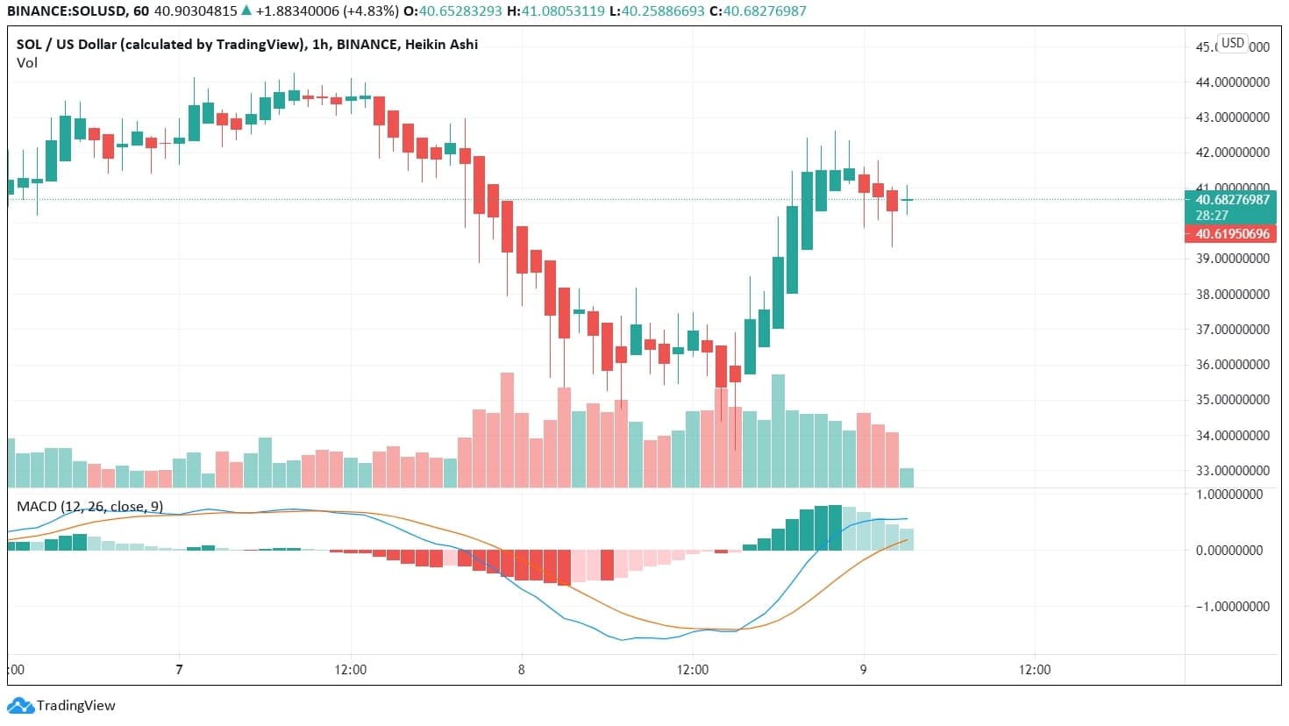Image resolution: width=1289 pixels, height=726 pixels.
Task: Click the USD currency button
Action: [1233, 43]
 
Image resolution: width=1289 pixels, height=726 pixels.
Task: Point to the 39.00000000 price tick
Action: [1233, 259]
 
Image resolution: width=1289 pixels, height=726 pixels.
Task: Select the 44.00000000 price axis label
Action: [1233, 82]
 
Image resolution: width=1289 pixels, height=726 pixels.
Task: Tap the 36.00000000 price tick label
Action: [1233, 365]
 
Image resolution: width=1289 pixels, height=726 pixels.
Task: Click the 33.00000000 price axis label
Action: [1233, 471]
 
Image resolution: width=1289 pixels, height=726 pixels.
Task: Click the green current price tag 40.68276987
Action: [1232, 200]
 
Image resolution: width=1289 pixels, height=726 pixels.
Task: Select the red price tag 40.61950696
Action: [1232, 234]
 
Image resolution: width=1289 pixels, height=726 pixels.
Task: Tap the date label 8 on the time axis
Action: [521, 670]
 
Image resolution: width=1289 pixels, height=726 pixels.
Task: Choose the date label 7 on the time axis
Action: [179, 670]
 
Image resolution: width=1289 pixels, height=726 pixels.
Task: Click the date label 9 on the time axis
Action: [863, 670]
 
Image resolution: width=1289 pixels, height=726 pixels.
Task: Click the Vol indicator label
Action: [26, 63]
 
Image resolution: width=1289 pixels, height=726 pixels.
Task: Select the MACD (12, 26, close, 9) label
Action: [89, 507]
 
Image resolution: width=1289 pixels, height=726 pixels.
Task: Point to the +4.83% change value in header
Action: [370, 11]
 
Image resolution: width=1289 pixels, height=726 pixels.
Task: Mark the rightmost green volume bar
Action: [907, 478]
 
